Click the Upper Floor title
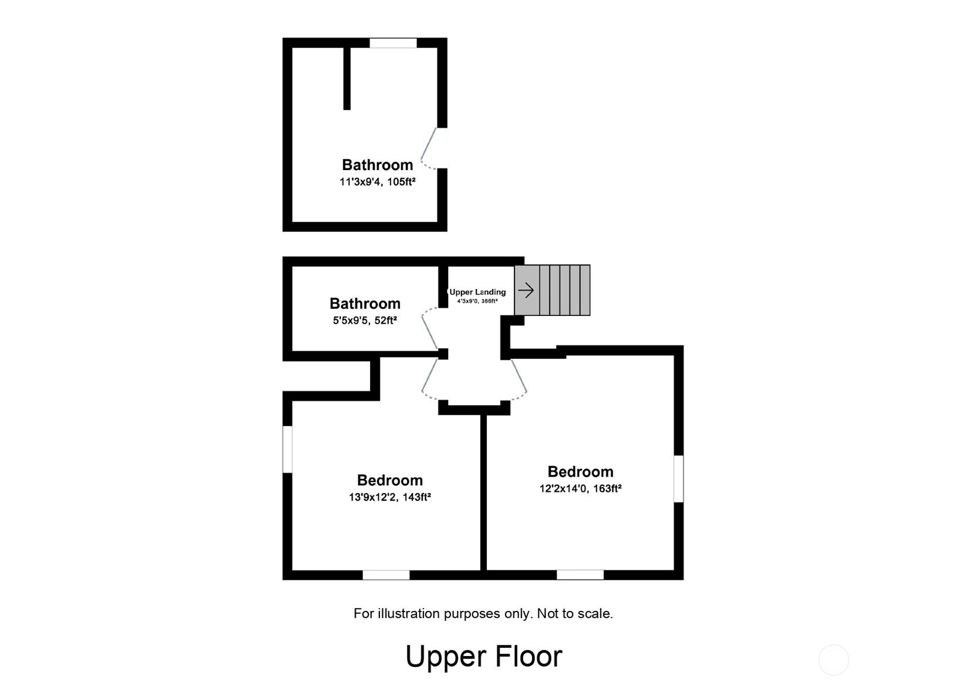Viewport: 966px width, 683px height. [483, 656]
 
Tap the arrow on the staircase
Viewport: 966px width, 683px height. [526, 290]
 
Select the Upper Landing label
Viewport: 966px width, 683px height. [477, 292]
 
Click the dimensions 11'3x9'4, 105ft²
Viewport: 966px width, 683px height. [377, 182]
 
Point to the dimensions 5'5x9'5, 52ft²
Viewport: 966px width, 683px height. [365, 320]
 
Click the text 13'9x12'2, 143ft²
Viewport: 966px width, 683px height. [390, 497]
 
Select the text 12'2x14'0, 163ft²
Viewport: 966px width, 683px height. [581, 488]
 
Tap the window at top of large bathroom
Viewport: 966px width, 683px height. [393, 43]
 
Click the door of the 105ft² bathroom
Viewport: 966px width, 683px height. [428, 148]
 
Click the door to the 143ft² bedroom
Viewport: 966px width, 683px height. [429, 379]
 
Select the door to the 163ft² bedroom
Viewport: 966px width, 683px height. [519, 379]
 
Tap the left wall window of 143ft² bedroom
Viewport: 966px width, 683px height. [287, 449]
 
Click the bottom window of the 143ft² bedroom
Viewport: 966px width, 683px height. [386, 575]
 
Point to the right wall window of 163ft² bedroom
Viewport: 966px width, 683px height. [679, 478]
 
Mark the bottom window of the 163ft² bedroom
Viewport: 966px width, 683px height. [580, 575]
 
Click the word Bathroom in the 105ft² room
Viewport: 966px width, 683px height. [377, 165]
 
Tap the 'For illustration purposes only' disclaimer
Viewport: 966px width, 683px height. [483, 614]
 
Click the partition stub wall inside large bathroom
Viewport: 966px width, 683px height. [347, 78]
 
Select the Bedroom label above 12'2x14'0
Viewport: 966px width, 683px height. [581, 471]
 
